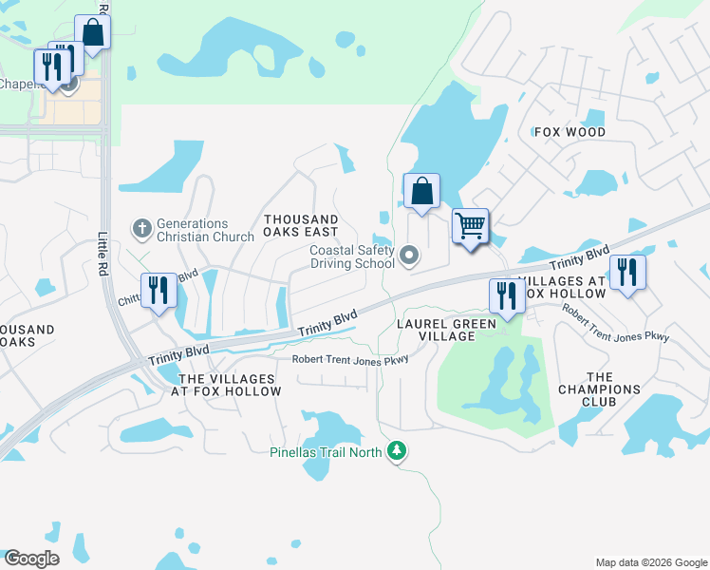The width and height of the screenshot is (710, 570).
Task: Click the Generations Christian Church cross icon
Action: [141, 228]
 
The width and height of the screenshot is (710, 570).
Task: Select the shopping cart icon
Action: [470, 227]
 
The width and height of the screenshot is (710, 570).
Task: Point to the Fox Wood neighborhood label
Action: [570, 132]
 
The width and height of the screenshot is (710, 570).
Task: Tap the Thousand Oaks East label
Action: [301, 225]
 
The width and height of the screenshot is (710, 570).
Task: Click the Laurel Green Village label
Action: [436, 330]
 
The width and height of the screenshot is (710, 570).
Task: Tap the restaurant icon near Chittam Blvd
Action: [159, 291]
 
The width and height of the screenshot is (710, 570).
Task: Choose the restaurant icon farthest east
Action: [627, 272]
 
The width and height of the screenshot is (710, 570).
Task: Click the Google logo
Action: [30, 559]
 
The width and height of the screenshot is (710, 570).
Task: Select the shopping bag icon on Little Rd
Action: [94, 31]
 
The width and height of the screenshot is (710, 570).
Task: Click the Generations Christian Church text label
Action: [193, 230]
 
